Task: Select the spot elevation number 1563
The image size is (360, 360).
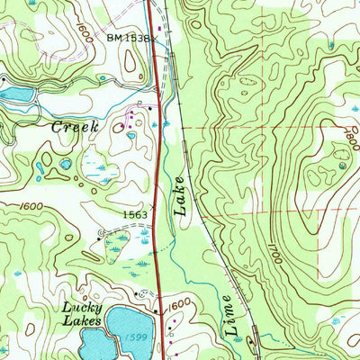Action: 136,214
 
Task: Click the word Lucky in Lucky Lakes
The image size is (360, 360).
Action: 78,308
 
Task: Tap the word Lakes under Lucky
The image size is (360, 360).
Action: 78,321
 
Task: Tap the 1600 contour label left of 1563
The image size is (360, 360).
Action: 31,207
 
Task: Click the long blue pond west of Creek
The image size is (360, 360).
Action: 19,93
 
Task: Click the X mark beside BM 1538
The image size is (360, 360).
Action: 153,40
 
